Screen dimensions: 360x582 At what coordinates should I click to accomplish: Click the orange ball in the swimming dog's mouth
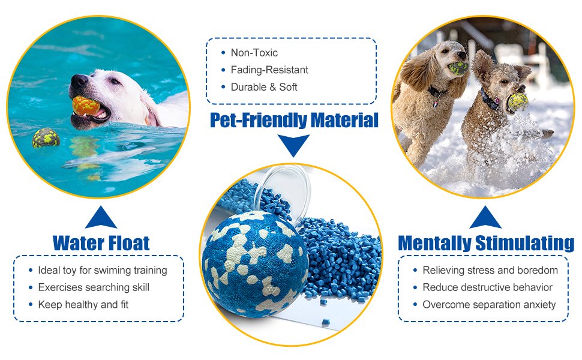86,106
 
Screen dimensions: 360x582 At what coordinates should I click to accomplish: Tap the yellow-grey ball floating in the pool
46,139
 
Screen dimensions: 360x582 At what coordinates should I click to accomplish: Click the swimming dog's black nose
78,80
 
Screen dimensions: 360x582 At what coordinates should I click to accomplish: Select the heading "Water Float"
101,243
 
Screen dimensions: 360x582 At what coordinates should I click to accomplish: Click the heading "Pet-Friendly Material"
294,120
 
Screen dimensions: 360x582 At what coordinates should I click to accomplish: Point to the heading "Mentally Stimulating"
486,243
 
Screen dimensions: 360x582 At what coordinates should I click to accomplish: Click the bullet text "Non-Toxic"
254,53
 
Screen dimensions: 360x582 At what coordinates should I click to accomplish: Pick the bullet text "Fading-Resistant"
269,70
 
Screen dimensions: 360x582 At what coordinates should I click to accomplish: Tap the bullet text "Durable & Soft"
264,87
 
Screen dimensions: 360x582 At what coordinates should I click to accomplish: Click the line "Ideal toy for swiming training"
102,270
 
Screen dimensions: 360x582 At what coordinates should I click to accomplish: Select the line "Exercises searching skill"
93,287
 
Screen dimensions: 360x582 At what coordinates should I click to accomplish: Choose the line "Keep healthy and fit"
83,305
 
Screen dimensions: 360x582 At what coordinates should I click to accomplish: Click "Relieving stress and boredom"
490,270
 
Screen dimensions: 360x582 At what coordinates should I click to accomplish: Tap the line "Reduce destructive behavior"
487,287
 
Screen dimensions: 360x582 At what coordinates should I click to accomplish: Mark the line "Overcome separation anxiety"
489,305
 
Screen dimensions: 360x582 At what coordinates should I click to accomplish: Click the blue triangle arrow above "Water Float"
101,218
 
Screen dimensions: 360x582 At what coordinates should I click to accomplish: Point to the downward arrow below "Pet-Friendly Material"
294,145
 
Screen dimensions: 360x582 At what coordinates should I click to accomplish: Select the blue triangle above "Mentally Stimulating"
485,218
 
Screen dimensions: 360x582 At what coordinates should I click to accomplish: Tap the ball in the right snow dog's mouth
517,103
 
